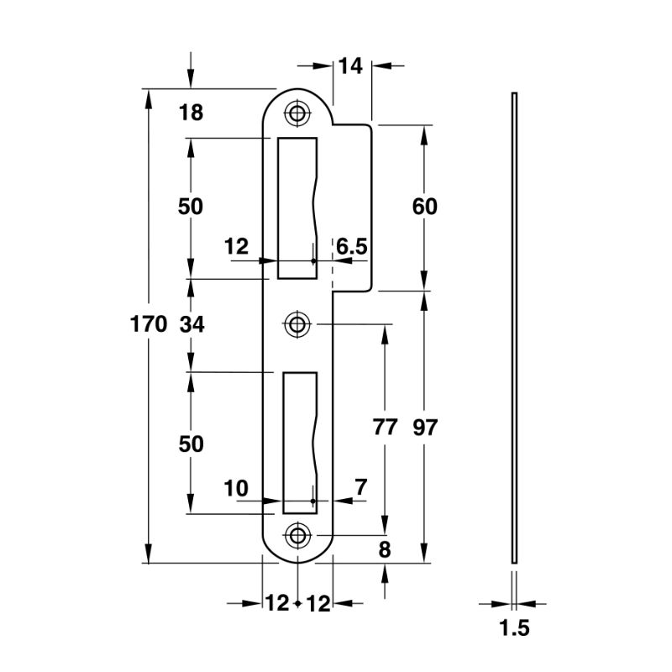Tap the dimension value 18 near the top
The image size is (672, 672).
[192, 112]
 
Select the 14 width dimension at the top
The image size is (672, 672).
[350, 66]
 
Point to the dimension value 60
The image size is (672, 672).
[426, 206]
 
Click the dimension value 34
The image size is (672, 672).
[192, 324]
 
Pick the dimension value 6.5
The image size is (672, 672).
[351, 246]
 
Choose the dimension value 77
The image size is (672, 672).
[384, 428]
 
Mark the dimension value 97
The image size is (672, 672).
[426, 428]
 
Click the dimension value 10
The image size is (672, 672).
[238, 487]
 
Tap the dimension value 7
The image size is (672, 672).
[360, 487]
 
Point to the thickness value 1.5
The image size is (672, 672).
[514, 628]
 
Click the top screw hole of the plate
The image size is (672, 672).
[297, 113]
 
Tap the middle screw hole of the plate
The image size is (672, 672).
[297, 323]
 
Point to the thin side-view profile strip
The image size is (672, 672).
[514, 328]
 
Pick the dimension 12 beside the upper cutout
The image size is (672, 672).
[238, 246]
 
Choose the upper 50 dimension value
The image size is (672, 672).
[192, 207]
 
